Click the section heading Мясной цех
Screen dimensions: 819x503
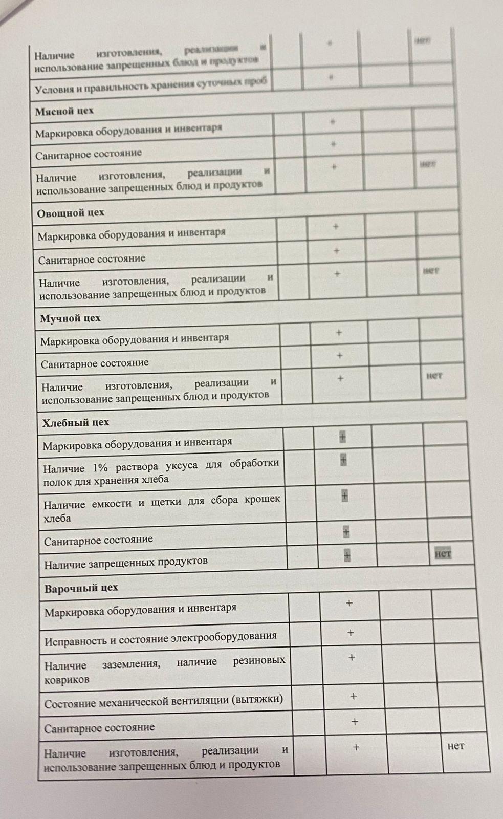coord(64,111)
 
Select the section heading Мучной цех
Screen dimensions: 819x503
coord(70,318)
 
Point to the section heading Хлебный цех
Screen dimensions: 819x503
coord(76,423)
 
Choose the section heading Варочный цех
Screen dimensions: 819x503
coord(81,588)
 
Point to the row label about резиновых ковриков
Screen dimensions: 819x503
coord(164,671)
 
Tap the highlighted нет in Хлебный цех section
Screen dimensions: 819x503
coord(443,554)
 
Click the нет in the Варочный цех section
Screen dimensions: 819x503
coord(455,746)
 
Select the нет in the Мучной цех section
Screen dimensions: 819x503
coord(434,376)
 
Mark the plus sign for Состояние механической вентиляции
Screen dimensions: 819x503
coord(353,696)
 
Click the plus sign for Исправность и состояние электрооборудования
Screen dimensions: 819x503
coord(351,633)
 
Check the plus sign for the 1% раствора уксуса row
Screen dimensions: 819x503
coord(343,460)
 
